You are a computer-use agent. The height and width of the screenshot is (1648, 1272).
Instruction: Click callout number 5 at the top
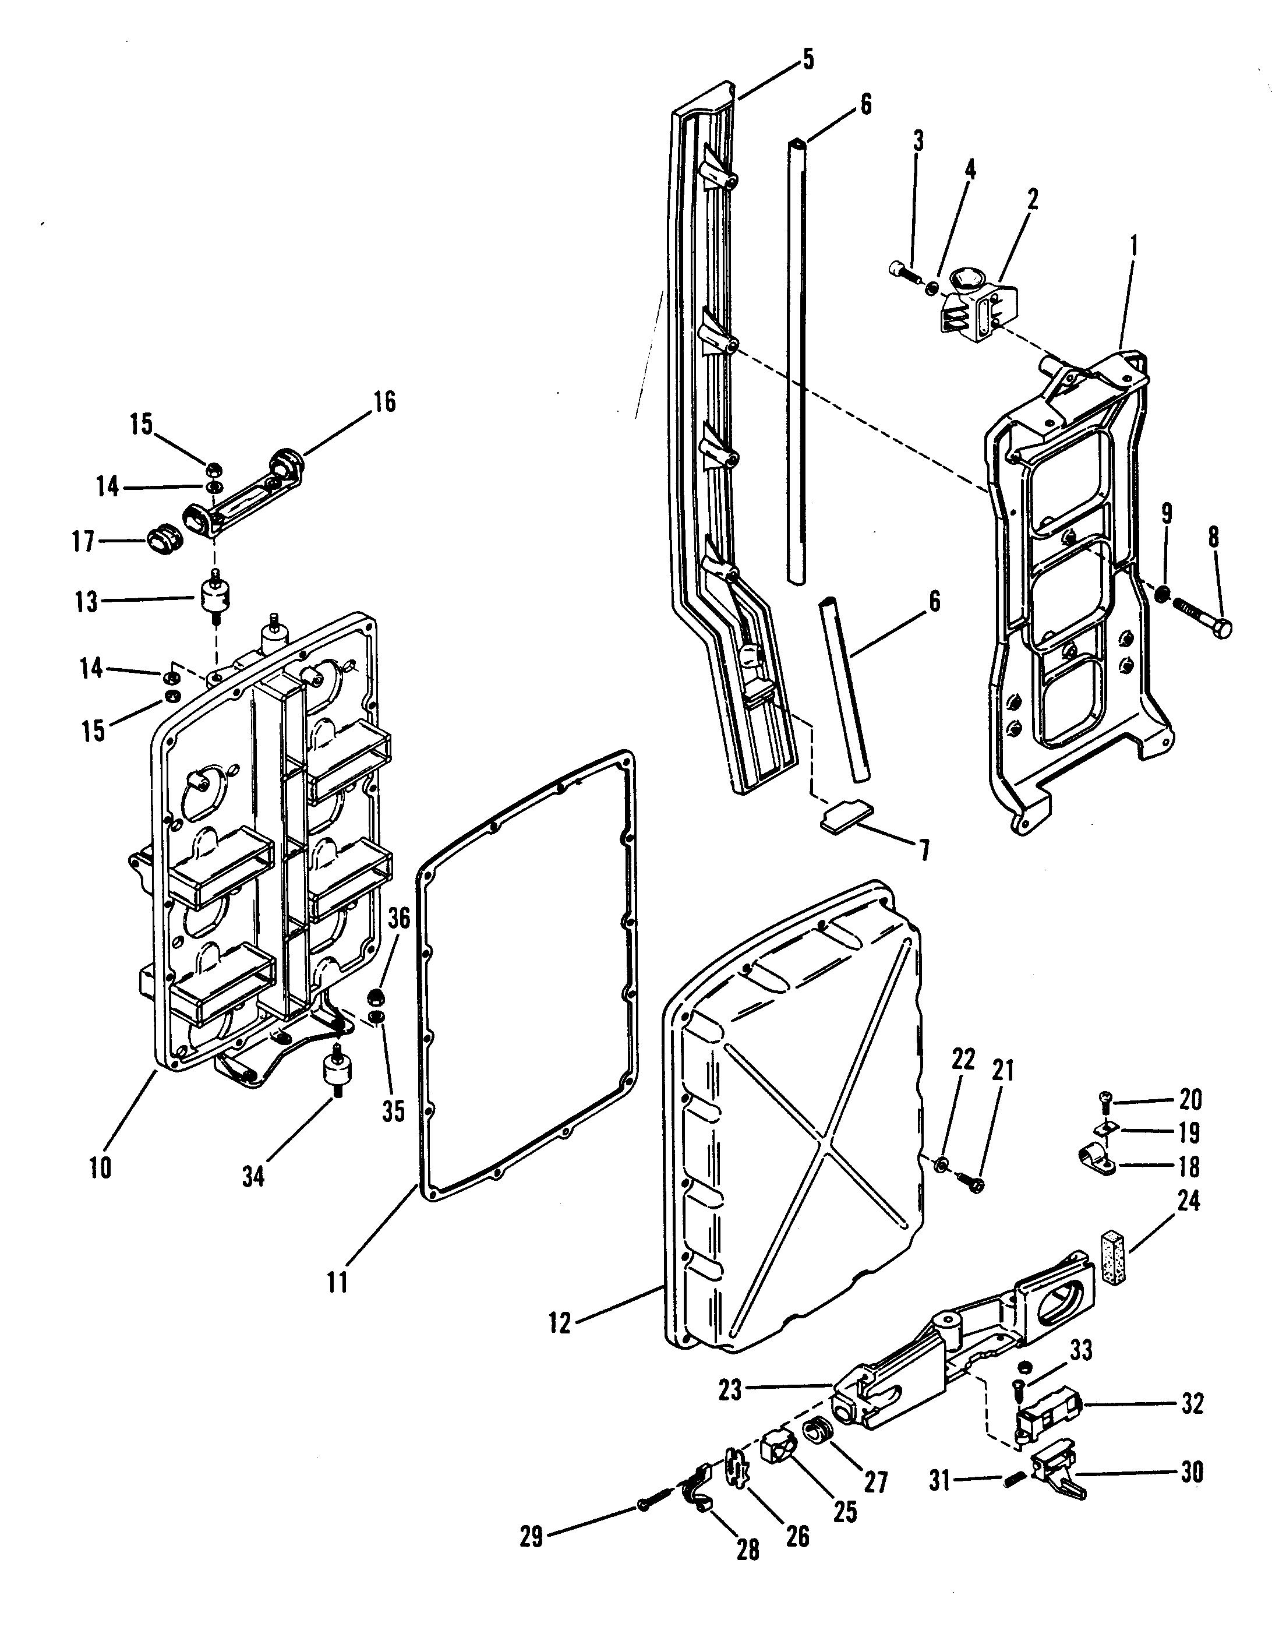pyautogui.click(x=808, y=59)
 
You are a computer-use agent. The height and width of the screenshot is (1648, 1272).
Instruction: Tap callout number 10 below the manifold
pyautogui.click(x=100, y=1167)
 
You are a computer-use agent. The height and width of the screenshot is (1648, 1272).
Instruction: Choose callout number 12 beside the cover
pyautogui.click(x=560, y=1324)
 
